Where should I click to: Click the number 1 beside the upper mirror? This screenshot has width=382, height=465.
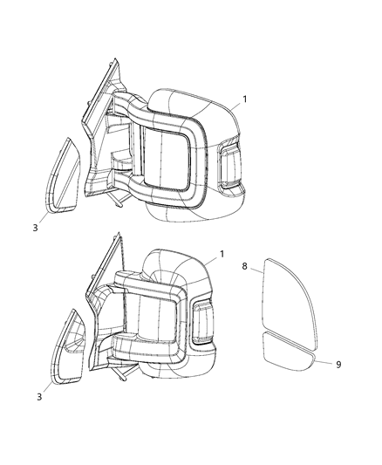[x=244, y=99]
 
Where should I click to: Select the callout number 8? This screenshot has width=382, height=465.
[x=245, y=264]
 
